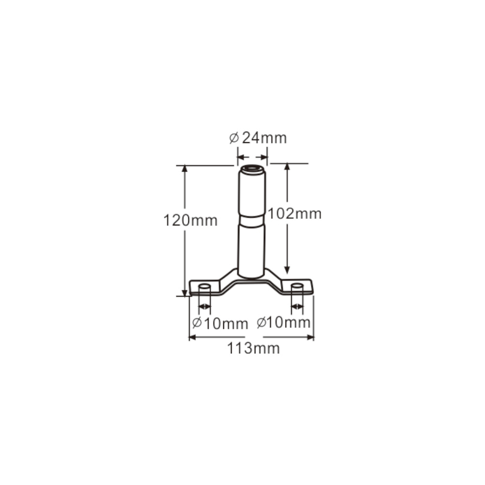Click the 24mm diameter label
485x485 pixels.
pyautogui.click(x=258, y=138)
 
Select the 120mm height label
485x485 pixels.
pyautogui.click(x=190, y=221)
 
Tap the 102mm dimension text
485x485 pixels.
pyautogui.click(x=295, y=213)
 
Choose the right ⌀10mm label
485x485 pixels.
pyautogui.click(x=284, y=323)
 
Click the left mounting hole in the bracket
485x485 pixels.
pyautogui.click(x=204, y=287)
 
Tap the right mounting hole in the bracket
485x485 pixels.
pyautogui.click(x=297, y=287)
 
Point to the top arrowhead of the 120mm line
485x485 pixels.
pyautogui.click(x=184, y=169)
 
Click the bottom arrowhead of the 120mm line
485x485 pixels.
pyautogui.click(x=184, y=292)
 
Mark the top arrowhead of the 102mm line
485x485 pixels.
pyautogui.click(x=287, y=167)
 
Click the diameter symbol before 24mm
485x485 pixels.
pyautogui.click(x=233, y=139)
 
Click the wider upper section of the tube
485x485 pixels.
pyautogui.click(x=252, y=194)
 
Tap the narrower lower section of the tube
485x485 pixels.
pyautogui.click(x=252, y=247)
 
